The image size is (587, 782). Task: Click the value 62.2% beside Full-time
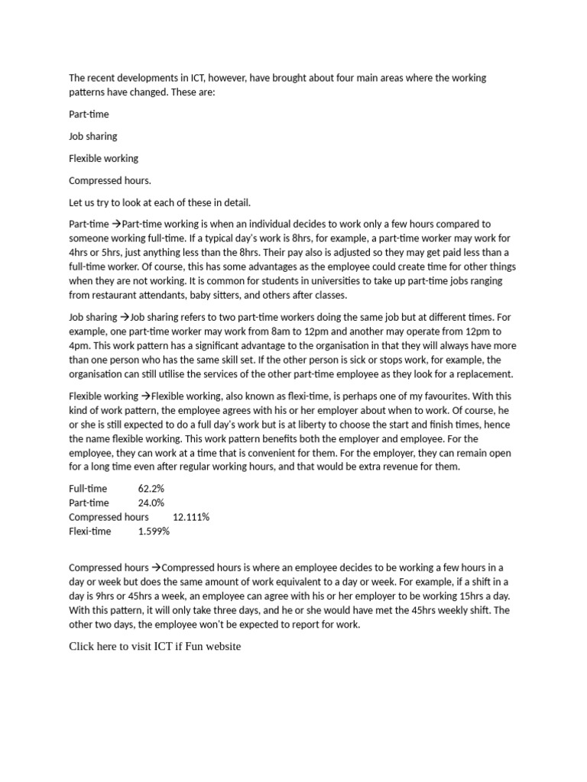[151, 488]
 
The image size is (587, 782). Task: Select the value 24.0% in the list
[151, 502]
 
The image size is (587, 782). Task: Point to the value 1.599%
[154, 532]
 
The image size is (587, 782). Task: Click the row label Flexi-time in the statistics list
[89, 532]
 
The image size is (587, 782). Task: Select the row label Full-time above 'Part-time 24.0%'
[88, 488]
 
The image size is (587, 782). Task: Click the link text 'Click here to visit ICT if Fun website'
[154, 646]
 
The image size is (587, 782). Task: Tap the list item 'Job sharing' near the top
[93, 136]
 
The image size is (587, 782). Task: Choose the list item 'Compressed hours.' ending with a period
[110, 180]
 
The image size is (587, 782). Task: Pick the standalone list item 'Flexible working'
[103, 158]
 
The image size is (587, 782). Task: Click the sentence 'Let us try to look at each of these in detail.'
[160, 202]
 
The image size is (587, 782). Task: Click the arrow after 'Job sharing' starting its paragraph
[125, 316]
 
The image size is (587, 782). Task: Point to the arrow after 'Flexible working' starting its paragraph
[145, 396]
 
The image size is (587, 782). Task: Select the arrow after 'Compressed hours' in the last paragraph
[156, 567]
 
